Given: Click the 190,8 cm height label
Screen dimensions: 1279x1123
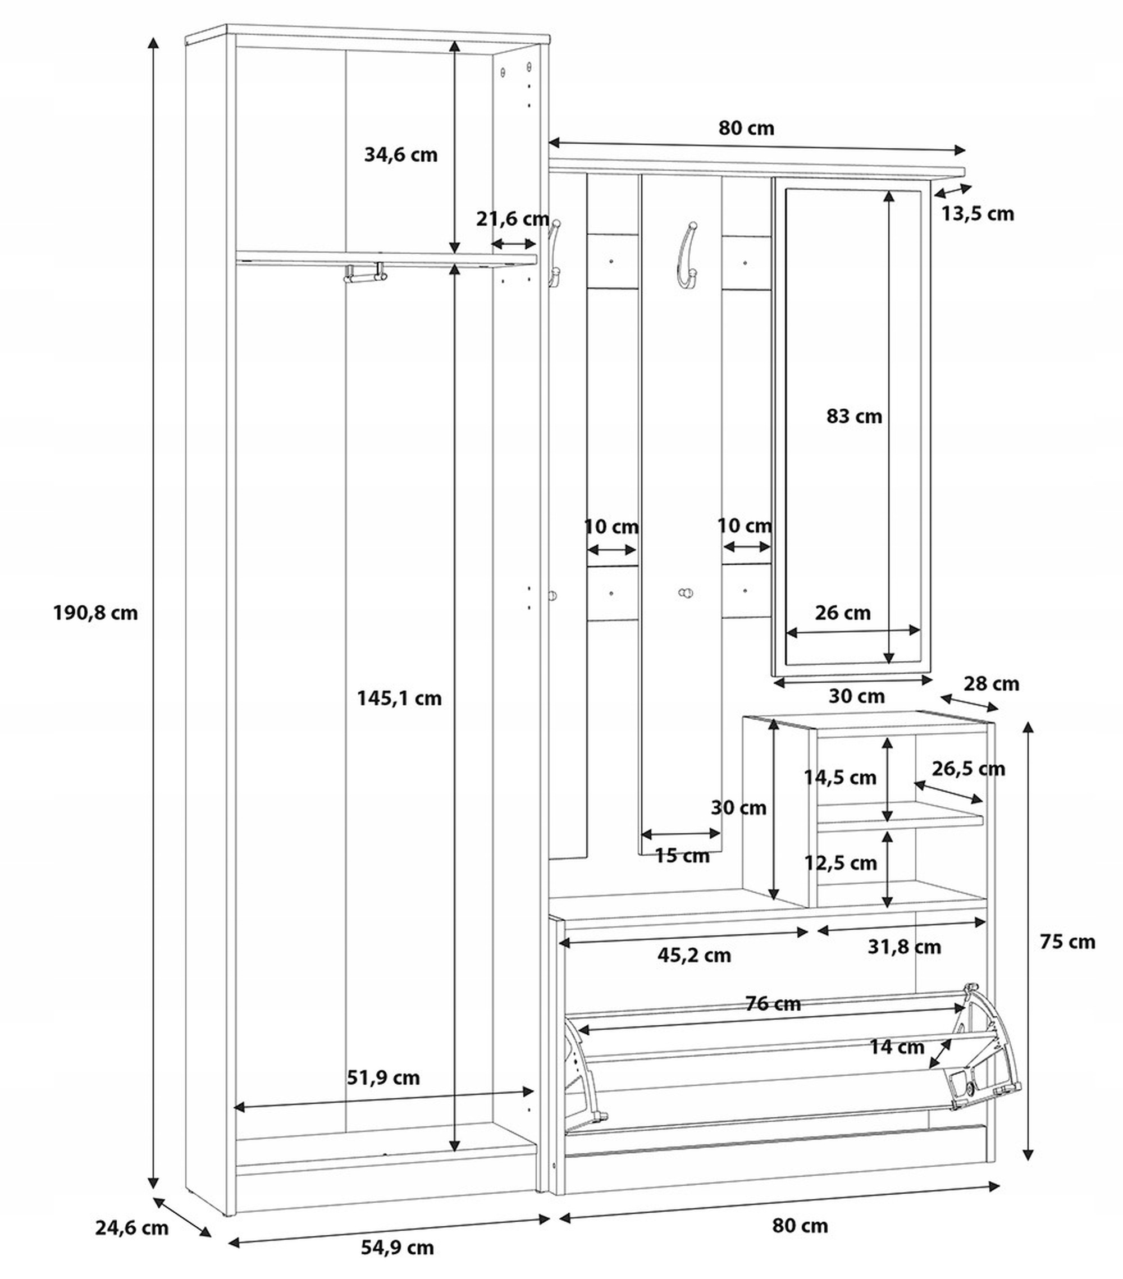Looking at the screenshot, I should [x=95, y=613].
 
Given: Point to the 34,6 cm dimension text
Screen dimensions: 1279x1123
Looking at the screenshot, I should [x=400, y=154].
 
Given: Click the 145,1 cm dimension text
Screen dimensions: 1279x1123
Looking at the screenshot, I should [x=399, y=698].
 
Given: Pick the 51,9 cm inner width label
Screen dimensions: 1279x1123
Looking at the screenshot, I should [x=383, y=1077].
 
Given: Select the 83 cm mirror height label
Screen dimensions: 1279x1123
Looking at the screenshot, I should [x=853, y=416].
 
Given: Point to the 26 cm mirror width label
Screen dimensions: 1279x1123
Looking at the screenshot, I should [x=842, y=613].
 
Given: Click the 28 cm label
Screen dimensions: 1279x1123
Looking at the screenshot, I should [x=991, y=683].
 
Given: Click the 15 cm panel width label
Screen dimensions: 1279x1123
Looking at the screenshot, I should [x=681, y=855].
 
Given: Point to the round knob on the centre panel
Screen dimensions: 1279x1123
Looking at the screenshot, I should [x=686, y=592].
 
